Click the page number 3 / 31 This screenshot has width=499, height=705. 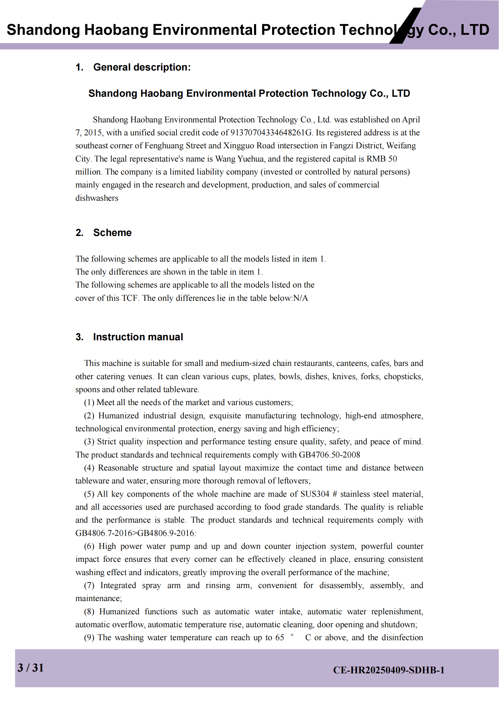pyautogui.click(x=30, y=668)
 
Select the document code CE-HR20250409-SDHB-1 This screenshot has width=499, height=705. pyautogui.click(x=389, y=670)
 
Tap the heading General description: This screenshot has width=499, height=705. pyautogui.click(x=142, y=67)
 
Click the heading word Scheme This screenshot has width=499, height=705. pyautogui.click(x=112, y=233)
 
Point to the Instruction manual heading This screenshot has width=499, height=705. pyautogui.click(x=138, y=337)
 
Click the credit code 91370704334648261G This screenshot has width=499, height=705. pyautogui.click(x=271, y=133)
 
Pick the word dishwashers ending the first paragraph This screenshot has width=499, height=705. pyautogui.click(x=97, y=198)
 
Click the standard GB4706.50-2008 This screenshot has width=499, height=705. pyautogui.click(x=329, y=455)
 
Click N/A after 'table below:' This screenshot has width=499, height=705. pyautogui.click(x=300, y=298)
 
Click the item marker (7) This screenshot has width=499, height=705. pyautogui.click(x=89, y=586)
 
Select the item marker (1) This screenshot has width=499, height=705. pyautogui.click(x=89, y=403)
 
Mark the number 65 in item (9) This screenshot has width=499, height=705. pyautogui.click(x=280, y=638)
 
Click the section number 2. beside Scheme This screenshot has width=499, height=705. pyautogui.click(x=79, y=233)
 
